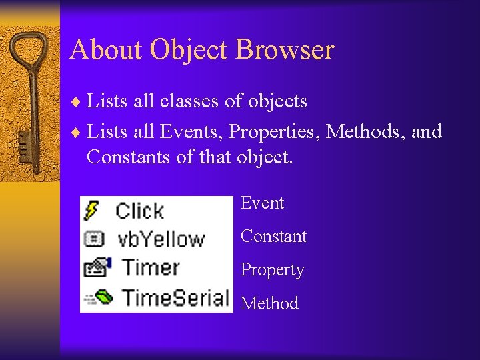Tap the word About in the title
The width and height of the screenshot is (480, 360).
pos(106,50)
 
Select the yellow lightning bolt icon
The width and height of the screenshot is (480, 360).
pos(92,211)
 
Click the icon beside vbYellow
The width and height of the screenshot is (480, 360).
pos(93,239)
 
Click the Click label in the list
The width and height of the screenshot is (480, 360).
pos(139,211)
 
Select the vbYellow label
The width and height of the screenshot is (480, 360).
pos(160,239)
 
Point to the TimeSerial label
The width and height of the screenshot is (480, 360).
pos(175,296)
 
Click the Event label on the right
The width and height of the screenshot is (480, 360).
pos(262,203)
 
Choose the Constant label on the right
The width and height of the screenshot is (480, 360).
pos(273,236)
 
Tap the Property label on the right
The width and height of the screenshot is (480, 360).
pos(272,269)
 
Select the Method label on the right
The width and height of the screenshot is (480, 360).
pos(269,303)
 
